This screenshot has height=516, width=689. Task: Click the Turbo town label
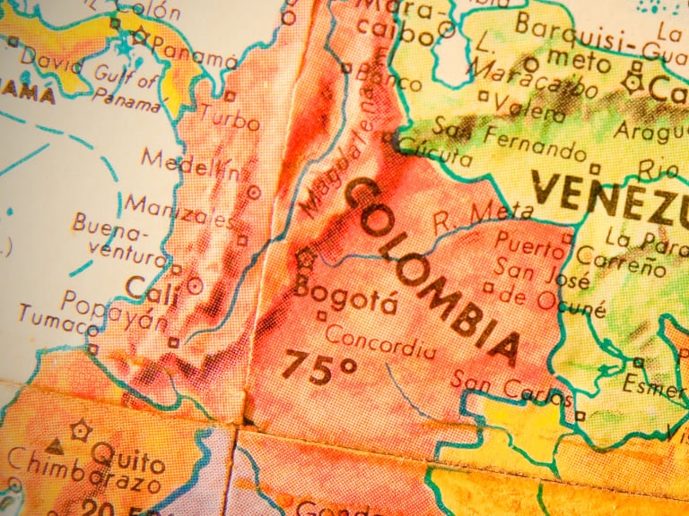pyautogui.click(x=230, y=116)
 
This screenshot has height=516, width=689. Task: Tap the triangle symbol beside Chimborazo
pyautogui.click(x=55, y=445)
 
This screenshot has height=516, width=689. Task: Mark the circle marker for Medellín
pyautogui.click(x=253, y=191)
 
